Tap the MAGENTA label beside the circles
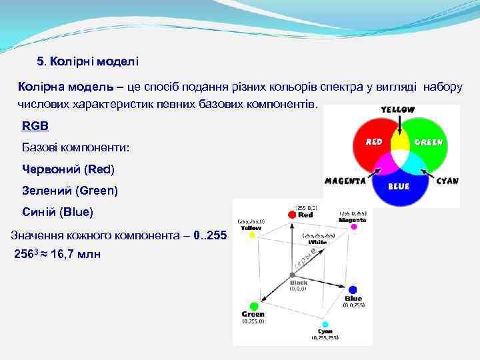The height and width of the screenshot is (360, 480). coord(345,181)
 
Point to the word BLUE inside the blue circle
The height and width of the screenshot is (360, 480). coord(398,187)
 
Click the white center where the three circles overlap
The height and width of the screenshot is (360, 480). coord(399,160)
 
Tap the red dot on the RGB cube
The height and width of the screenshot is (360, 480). coord(291,215)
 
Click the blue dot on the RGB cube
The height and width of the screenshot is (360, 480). coord(353,290)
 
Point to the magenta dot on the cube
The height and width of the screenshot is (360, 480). coord(353,227)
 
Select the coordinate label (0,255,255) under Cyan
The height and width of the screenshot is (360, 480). coord(325,338)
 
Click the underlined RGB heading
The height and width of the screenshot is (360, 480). coord(35,125)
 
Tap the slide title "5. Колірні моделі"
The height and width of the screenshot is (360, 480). coord(87,62)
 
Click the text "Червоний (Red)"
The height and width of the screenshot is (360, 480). coord(68,169)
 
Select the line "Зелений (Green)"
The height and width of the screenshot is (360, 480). coord(70,191)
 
